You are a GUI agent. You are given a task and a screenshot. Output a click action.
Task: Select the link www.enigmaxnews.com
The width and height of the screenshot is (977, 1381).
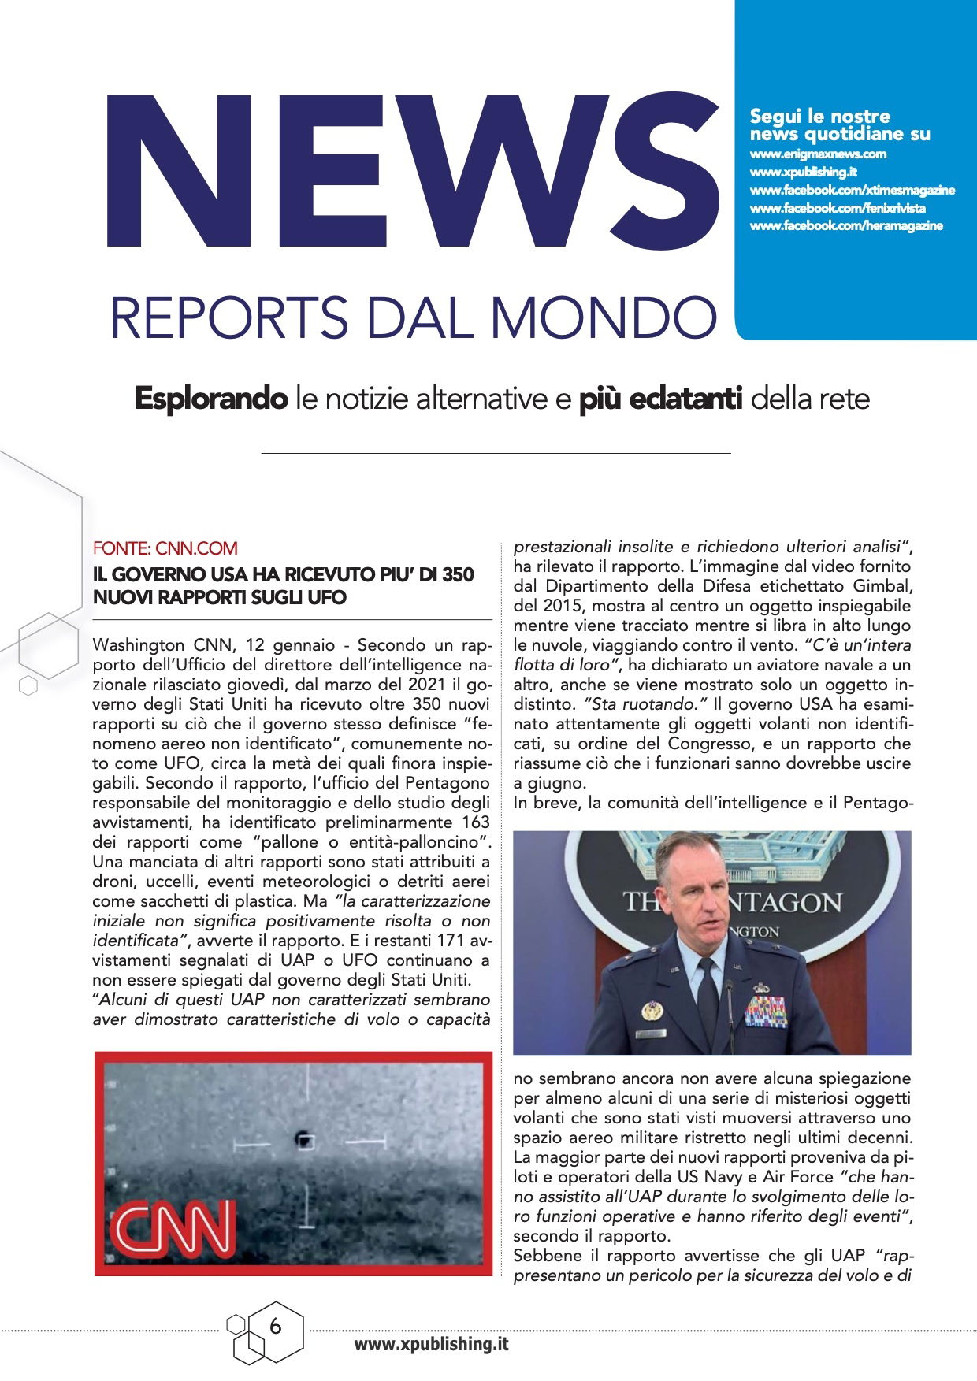click(x=818, y=154)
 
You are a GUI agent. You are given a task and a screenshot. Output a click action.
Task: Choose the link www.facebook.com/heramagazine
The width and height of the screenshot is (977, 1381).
click(x=845, y=226)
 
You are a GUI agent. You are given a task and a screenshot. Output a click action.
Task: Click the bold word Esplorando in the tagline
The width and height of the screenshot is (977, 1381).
click(x=210, y=399)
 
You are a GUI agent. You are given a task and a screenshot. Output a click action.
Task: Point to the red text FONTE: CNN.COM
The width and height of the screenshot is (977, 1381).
click(x=165, y=548)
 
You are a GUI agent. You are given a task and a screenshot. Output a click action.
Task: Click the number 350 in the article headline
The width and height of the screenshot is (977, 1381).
click(x=458, y=574)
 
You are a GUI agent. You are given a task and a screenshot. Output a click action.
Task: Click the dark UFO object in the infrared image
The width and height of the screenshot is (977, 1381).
click(x=303, y=1139)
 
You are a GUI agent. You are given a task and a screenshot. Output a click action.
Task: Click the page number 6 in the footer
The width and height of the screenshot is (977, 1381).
click(x=275, y=1327)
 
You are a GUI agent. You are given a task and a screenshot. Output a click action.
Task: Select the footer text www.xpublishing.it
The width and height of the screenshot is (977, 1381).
click(x=431, y=1344)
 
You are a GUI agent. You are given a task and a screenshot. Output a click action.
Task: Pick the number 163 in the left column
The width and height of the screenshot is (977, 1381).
click(x=475, y=822)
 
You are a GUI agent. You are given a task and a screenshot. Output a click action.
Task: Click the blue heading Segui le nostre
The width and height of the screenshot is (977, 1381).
click(x=819, y=117)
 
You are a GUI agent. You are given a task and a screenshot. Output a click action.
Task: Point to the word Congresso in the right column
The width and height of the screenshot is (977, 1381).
click(x=706, y=744)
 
